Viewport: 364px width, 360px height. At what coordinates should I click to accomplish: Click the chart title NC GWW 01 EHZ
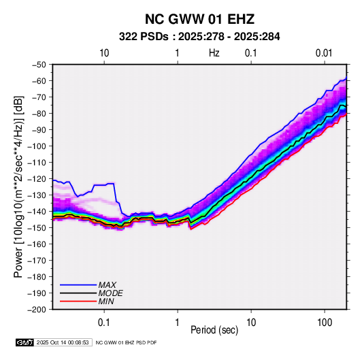199,19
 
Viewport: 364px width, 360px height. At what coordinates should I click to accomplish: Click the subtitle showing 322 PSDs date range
199,37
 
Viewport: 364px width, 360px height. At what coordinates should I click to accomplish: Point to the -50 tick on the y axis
39,65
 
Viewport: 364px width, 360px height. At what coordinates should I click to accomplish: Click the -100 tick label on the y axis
37,146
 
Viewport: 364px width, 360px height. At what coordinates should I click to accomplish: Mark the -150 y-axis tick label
37,228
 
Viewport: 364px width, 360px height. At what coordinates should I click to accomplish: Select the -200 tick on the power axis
37,310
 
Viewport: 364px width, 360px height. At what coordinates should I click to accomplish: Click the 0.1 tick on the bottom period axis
104,323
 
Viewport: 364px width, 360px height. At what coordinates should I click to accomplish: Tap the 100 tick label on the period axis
325,323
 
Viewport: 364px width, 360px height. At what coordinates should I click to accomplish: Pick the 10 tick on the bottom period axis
251,323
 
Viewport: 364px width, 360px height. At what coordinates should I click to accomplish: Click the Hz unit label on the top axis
214,53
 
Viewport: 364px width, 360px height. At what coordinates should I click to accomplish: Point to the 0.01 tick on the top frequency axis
324,53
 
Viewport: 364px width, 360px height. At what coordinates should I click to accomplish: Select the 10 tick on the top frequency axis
104,53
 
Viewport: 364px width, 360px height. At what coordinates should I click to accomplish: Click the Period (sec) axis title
214,330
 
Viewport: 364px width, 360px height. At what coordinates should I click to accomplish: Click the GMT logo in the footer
24,342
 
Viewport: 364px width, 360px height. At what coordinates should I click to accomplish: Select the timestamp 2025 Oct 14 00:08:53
63,342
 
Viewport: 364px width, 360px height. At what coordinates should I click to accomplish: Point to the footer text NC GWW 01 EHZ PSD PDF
126,342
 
